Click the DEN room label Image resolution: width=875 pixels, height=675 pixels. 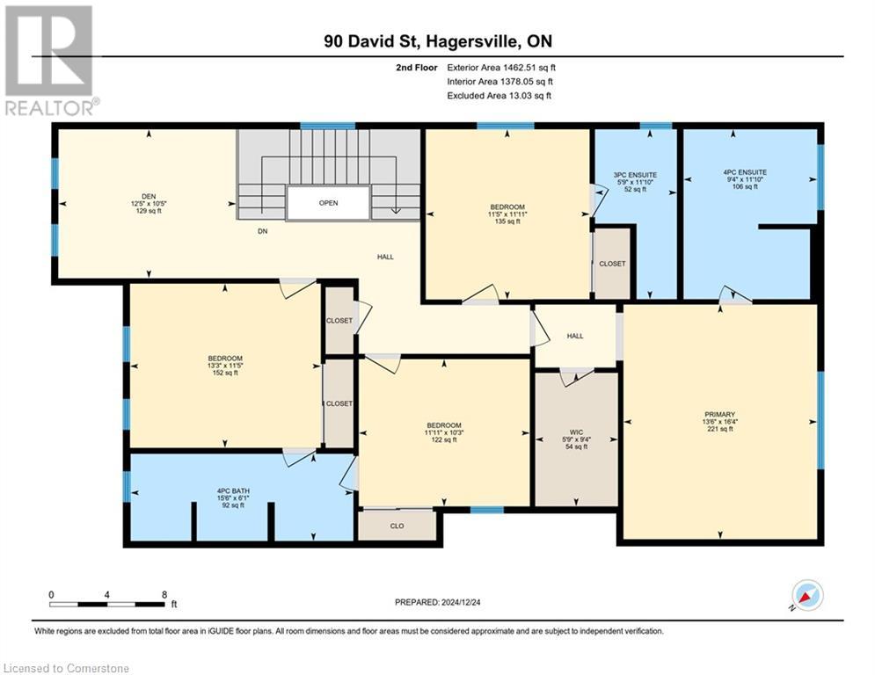[149, 196]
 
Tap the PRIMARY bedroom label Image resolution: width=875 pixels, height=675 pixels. [718, 414]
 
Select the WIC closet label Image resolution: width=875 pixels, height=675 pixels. [576, 432]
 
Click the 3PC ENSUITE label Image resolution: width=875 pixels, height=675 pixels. [635, 173]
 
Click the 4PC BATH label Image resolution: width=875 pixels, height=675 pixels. [230, 490]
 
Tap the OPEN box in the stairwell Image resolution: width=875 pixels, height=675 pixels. [328, 203]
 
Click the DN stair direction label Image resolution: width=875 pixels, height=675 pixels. [262, 232]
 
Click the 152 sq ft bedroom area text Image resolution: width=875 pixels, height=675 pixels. [225, 373]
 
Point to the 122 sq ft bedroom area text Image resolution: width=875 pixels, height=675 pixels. [444, 439]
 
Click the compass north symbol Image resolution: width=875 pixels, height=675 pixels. [806, 595]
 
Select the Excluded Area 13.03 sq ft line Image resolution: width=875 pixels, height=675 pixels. [499, 95]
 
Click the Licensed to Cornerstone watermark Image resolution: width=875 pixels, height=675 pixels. [67, 669]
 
